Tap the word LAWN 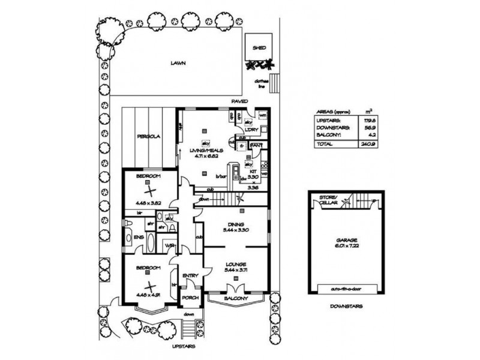[176, 62]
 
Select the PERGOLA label [147, 136]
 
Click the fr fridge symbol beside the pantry [242, 145]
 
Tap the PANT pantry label [259, 145]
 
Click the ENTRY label [190, 275]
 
